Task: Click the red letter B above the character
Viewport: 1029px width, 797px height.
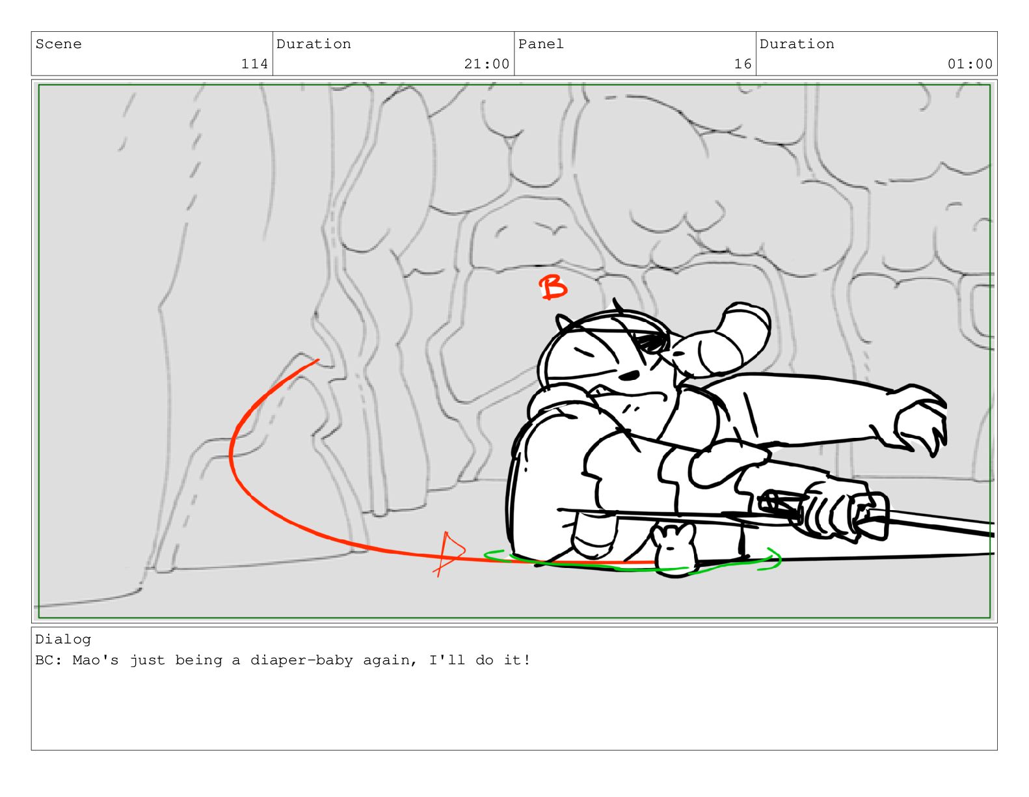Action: point(552,287)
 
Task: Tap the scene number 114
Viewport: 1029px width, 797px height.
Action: point(254,64)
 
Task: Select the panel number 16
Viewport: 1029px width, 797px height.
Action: point(743,64)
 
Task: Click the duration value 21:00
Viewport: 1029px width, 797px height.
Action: point(487,64)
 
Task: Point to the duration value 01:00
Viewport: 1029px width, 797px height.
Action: point(970,64)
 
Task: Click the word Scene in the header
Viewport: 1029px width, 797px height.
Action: point(59,44)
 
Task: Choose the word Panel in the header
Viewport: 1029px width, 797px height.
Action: point(541,44)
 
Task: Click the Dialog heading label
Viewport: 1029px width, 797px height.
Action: point(63,640)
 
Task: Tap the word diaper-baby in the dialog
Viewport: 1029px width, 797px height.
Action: point(302,660)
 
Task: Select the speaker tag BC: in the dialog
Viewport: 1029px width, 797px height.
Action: point(49,660)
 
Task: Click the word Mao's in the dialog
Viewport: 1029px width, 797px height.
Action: point(95,660)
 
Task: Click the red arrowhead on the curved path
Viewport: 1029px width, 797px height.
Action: point(448,553)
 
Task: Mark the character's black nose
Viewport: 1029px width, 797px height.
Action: point(630,375)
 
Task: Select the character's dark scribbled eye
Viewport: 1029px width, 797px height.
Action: point(650,343)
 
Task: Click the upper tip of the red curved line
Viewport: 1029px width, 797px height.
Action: point(318,360)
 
